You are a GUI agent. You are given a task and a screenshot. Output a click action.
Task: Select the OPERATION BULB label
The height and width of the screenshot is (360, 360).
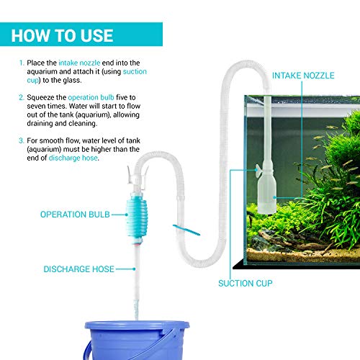coord(74,214)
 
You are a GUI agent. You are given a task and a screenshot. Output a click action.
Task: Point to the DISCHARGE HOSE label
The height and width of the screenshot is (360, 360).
coord(78,269)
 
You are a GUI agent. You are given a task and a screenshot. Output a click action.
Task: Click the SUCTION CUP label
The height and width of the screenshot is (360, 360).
coord(246,283)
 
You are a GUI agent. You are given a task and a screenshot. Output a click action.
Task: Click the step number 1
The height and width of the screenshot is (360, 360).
coord(22,63)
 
